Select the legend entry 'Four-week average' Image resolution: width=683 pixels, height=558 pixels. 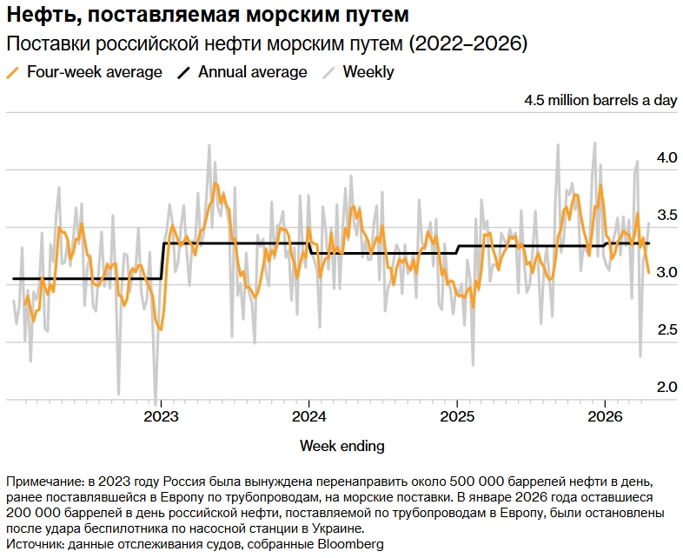tap(95, 72)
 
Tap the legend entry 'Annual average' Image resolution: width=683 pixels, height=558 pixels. tap(252, 72)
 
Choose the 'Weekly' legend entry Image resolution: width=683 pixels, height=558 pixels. tap(368, 72)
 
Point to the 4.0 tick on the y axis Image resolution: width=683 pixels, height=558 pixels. tap(666, 157)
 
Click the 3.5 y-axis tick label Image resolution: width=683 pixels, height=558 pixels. tap(666, 215)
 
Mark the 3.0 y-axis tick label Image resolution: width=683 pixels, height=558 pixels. tap(666, 272)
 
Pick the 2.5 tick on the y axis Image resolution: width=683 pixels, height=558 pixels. tap(666, 329)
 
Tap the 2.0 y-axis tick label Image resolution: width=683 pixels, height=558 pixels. tap(666, 386)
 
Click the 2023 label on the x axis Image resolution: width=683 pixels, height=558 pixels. tap(161, 416)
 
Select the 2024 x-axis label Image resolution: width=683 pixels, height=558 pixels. tap(309, 416)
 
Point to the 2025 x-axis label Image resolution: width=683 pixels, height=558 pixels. tap(457, 416)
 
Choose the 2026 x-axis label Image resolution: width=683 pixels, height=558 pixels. tap(605, 416)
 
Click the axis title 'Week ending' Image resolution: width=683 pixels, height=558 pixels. tap(341, 446)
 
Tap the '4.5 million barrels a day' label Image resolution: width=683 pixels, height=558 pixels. tap(600, 100)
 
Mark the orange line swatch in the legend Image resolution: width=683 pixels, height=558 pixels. tap(13, 73)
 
